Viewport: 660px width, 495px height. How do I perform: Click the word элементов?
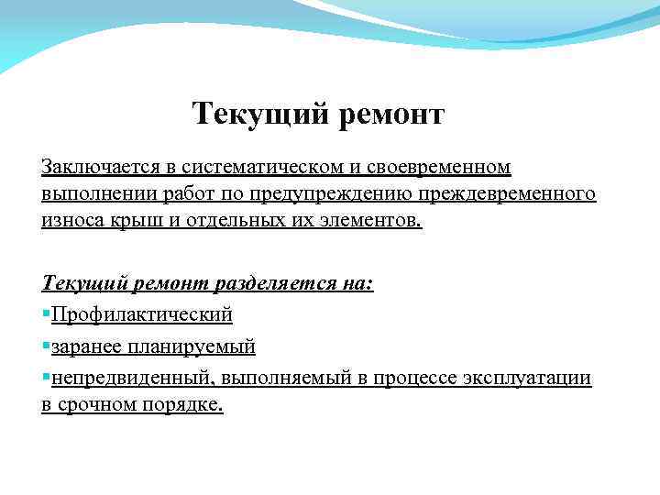pyautogui.click(x=372, y=221)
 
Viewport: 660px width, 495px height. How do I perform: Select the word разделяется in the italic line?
pyautogui.click(x=266, y=284)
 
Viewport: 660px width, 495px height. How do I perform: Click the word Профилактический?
pyautogui.click(x=143, y=314)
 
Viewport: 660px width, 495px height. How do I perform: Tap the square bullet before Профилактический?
pyautogui.click(x=46, y=315)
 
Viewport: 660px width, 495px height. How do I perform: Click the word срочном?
pyautogui.click(x=101, y=404)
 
